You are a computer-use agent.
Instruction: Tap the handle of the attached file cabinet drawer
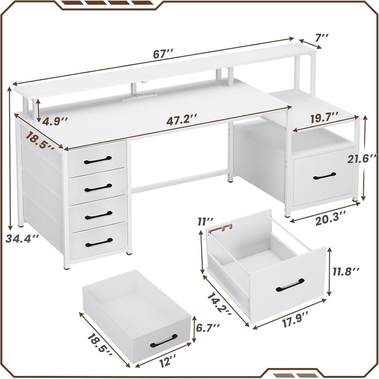click(x=324, y=176)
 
